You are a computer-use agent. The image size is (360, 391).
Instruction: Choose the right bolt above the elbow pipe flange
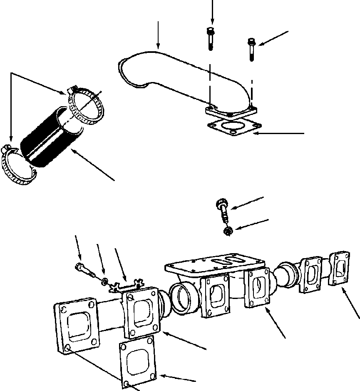point(252,49)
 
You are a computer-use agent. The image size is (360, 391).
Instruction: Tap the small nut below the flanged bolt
point(228,231)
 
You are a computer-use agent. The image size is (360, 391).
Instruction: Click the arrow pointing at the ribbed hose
point(94,164)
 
